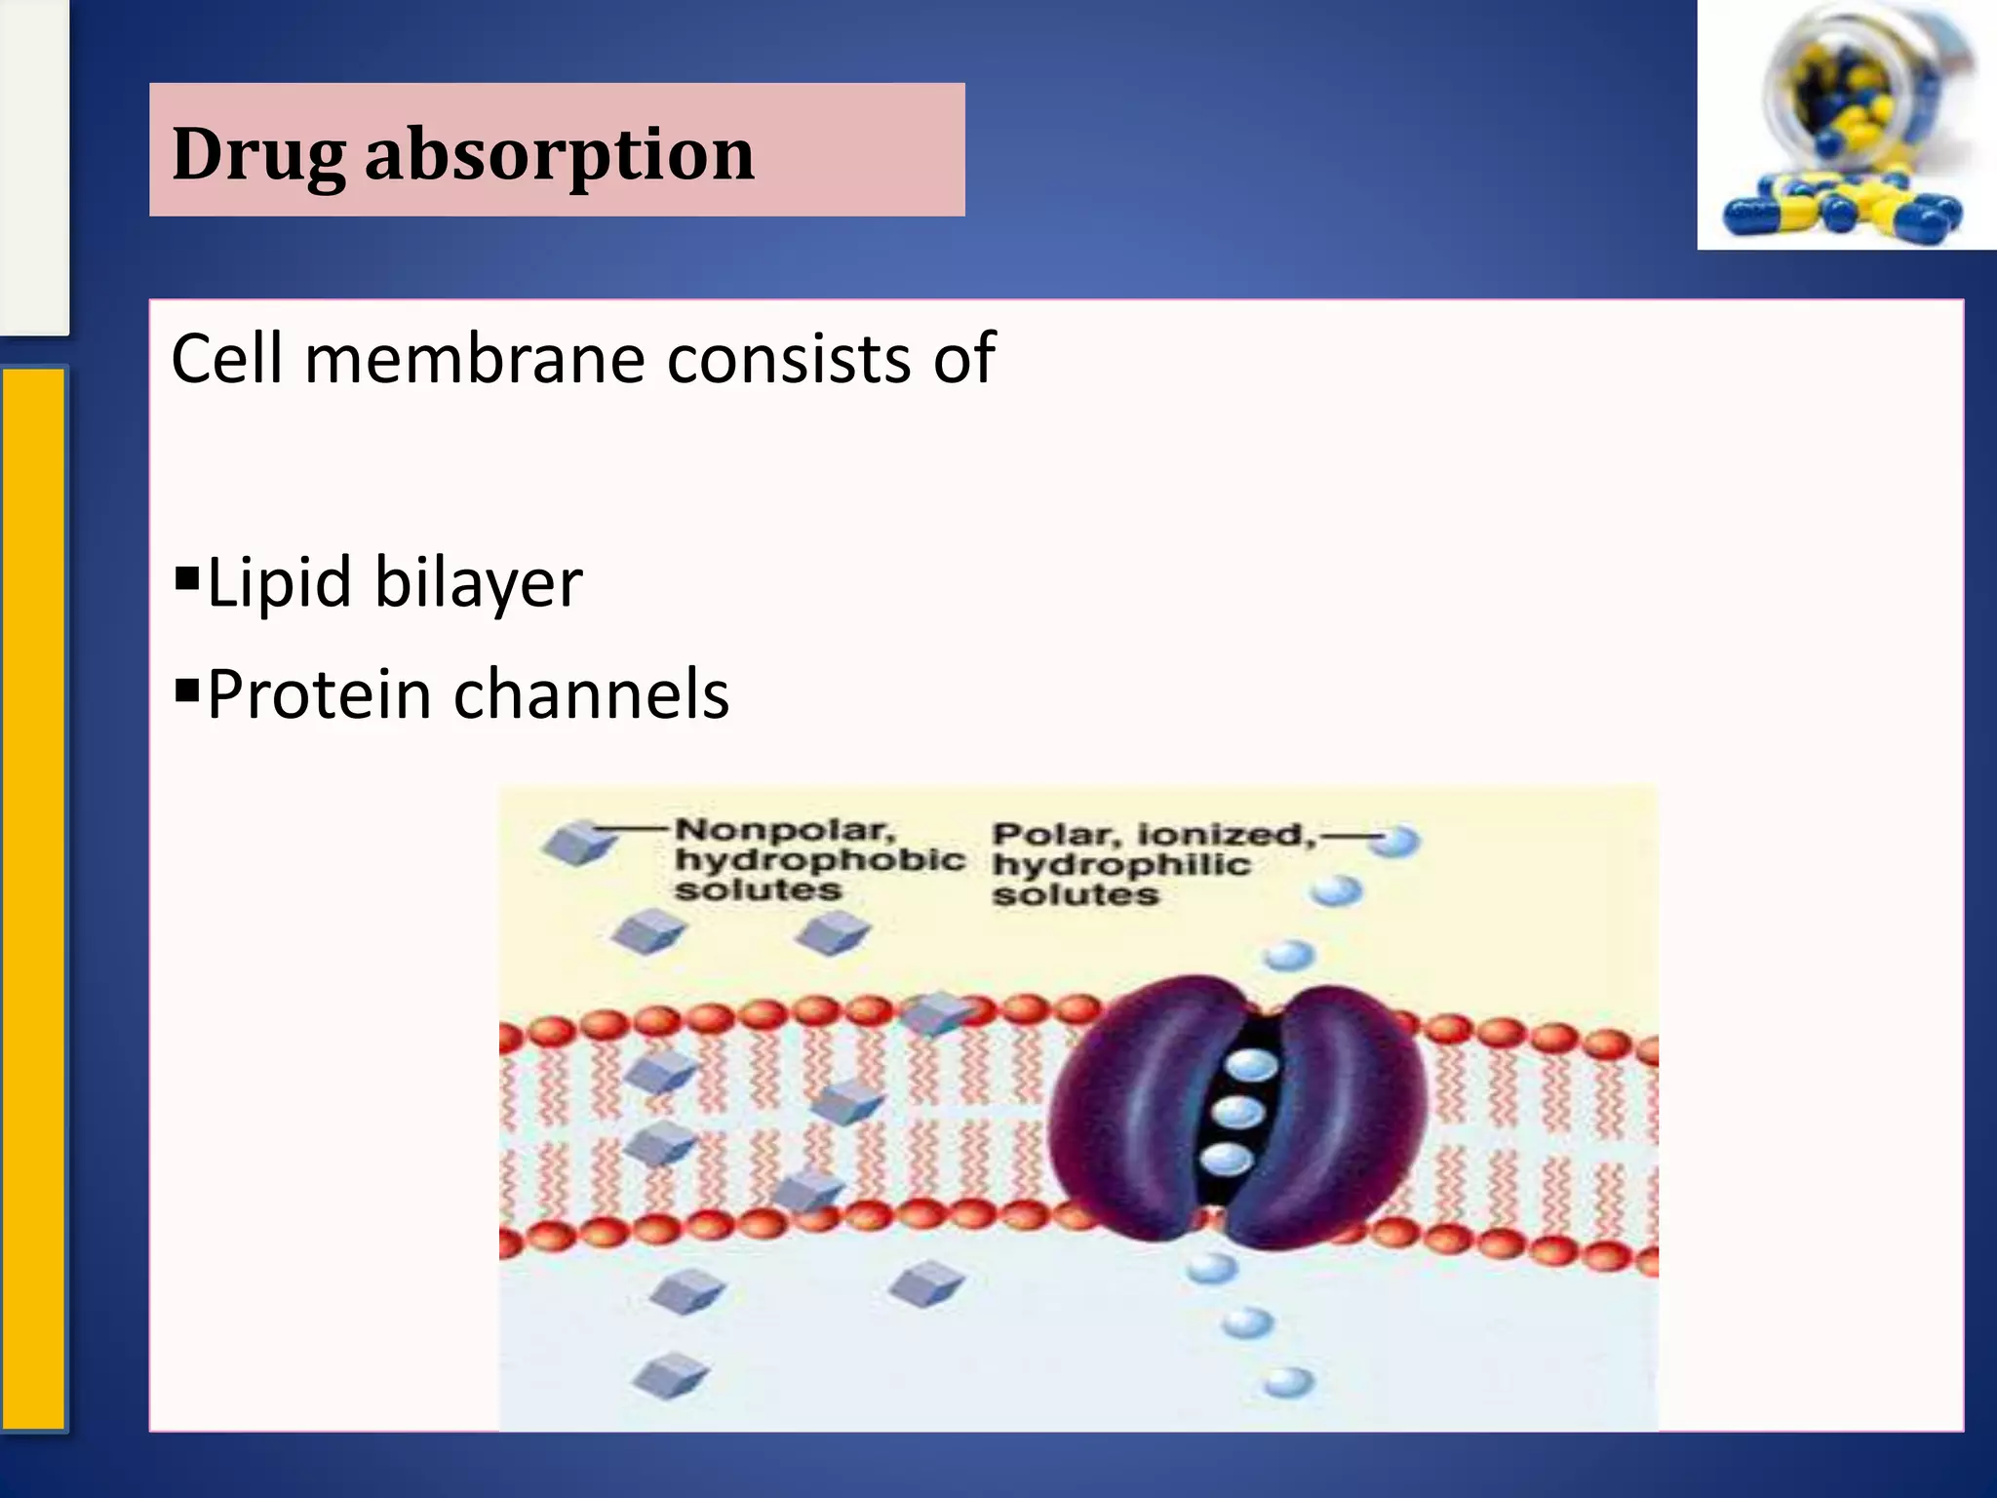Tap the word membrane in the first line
tap(476, 359)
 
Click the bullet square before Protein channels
tap(186, 690)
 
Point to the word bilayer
tap(478, 583)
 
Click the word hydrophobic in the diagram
tap(819, 860)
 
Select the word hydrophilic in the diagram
tap(1121, 865)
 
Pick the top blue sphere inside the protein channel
tap(1251, 1065)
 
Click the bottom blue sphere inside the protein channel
tap(1226, 1160)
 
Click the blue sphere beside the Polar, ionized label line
tap(1394, 841)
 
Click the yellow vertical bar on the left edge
tap(33, 897)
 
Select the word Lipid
tap(279, 583)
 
